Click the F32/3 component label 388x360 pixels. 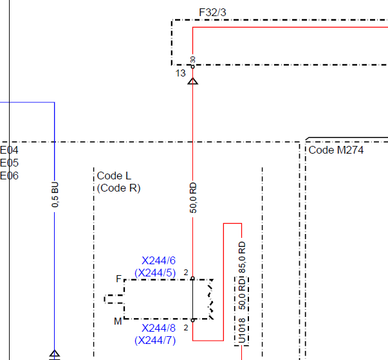point(212,12)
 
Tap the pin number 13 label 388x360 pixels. point(180,73)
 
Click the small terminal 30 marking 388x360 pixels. point(193,60)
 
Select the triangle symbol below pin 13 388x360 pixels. point(193,81)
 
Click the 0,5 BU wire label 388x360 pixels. point(55,195)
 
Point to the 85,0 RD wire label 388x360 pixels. point(242,257)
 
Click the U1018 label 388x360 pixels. point(242,331)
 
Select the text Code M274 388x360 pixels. point(336,150)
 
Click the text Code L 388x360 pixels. point(114,175)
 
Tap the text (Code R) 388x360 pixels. point(119,188)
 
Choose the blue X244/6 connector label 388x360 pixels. point(159,260)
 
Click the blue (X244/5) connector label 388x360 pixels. point(155,273)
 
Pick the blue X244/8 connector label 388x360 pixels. point(159,328)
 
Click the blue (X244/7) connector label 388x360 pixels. point(155,341)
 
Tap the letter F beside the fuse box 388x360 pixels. point(119,279)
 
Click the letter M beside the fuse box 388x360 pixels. point(118,321)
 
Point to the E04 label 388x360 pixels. point(9,150)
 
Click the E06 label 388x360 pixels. point(9,175)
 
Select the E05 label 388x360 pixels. point(9,163)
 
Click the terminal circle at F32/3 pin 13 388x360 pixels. point(193,67)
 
